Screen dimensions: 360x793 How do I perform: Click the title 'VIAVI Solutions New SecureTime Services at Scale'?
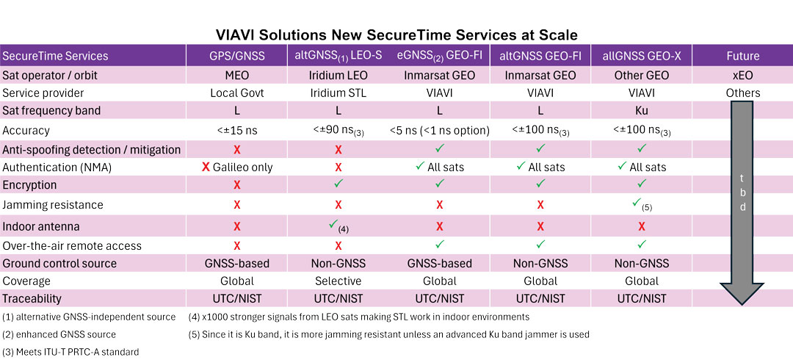[x=396, y=35]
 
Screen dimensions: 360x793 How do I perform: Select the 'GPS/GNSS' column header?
[x=236, y=56]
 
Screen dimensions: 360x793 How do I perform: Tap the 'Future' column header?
[x=742, y=56]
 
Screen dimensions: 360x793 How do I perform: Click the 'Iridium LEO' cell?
[x=338, y=75]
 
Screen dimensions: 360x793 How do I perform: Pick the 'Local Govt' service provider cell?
[x=236, y=93]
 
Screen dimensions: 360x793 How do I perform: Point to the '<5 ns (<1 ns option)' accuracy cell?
[x=439, y=131]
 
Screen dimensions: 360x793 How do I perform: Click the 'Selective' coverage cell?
[x=338, y=281]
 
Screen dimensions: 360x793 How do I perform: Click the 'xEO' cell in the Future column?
[x=742, y=75]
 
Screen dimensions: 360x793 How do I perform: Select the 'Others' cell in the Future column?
[x=742, y=93]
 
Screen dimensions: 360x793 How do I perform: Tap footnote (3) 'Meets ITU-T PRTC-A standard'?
[x=70, y=352]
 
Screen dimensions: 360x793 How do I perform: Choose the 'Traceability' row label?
[x=32, y=299]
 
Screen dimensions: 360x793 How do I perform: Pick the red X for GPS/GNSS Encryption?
[x=236, y=186]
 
